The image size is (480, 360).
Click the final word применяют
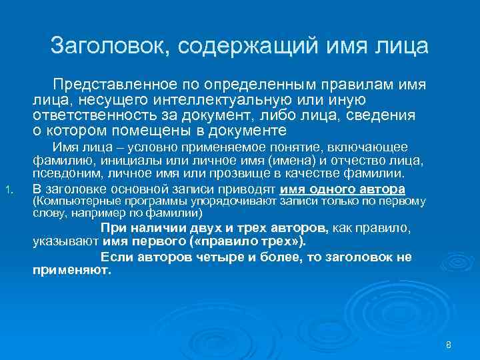71,271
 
